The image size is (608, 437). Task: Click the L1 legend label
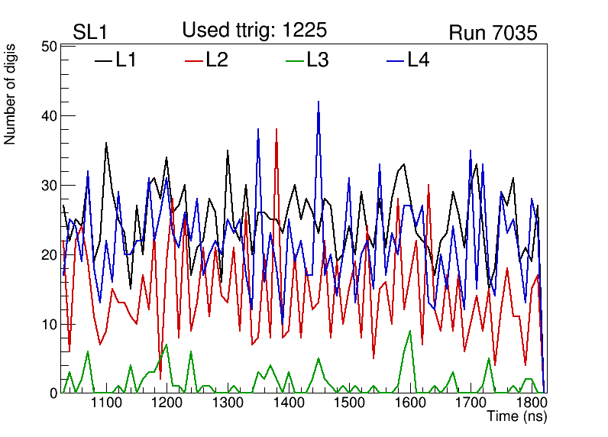(126, 60)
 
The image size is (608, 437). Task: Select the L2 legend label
(217, 60)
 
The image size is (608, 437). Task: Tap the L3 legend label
(317, 60)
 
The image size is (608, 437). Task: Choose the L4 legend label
(418, 60)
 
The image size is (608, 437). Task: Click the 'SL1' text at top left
(90, 32)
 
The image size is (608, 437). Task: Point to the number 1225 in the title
(303, 31)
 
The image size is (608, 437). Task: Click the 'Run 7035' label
(493, 33)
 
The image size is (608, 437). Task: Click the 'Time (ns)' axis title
(517, 417)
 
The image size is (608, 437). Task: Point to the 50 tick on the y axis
(48, 47)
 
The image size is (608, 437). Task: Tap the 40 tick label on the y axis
(48, 116)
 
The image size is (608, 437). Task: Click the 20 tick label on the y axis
(48, 255)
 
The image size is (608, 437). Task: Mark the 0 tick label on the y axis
(53, 393)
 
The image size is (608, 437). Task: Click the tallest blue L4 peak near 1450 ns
(319, 102)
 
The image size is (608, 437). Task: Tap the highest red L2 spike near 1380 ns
(277, 130)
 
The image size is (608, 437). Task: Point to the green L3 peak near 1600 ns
(410, 331)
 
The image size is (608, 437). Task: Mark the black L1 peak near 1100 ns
(106, 143)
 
